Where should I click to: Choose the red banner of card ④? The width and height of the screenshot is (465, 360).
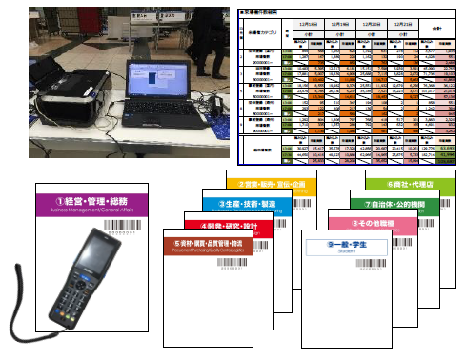tap(228, 225)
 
